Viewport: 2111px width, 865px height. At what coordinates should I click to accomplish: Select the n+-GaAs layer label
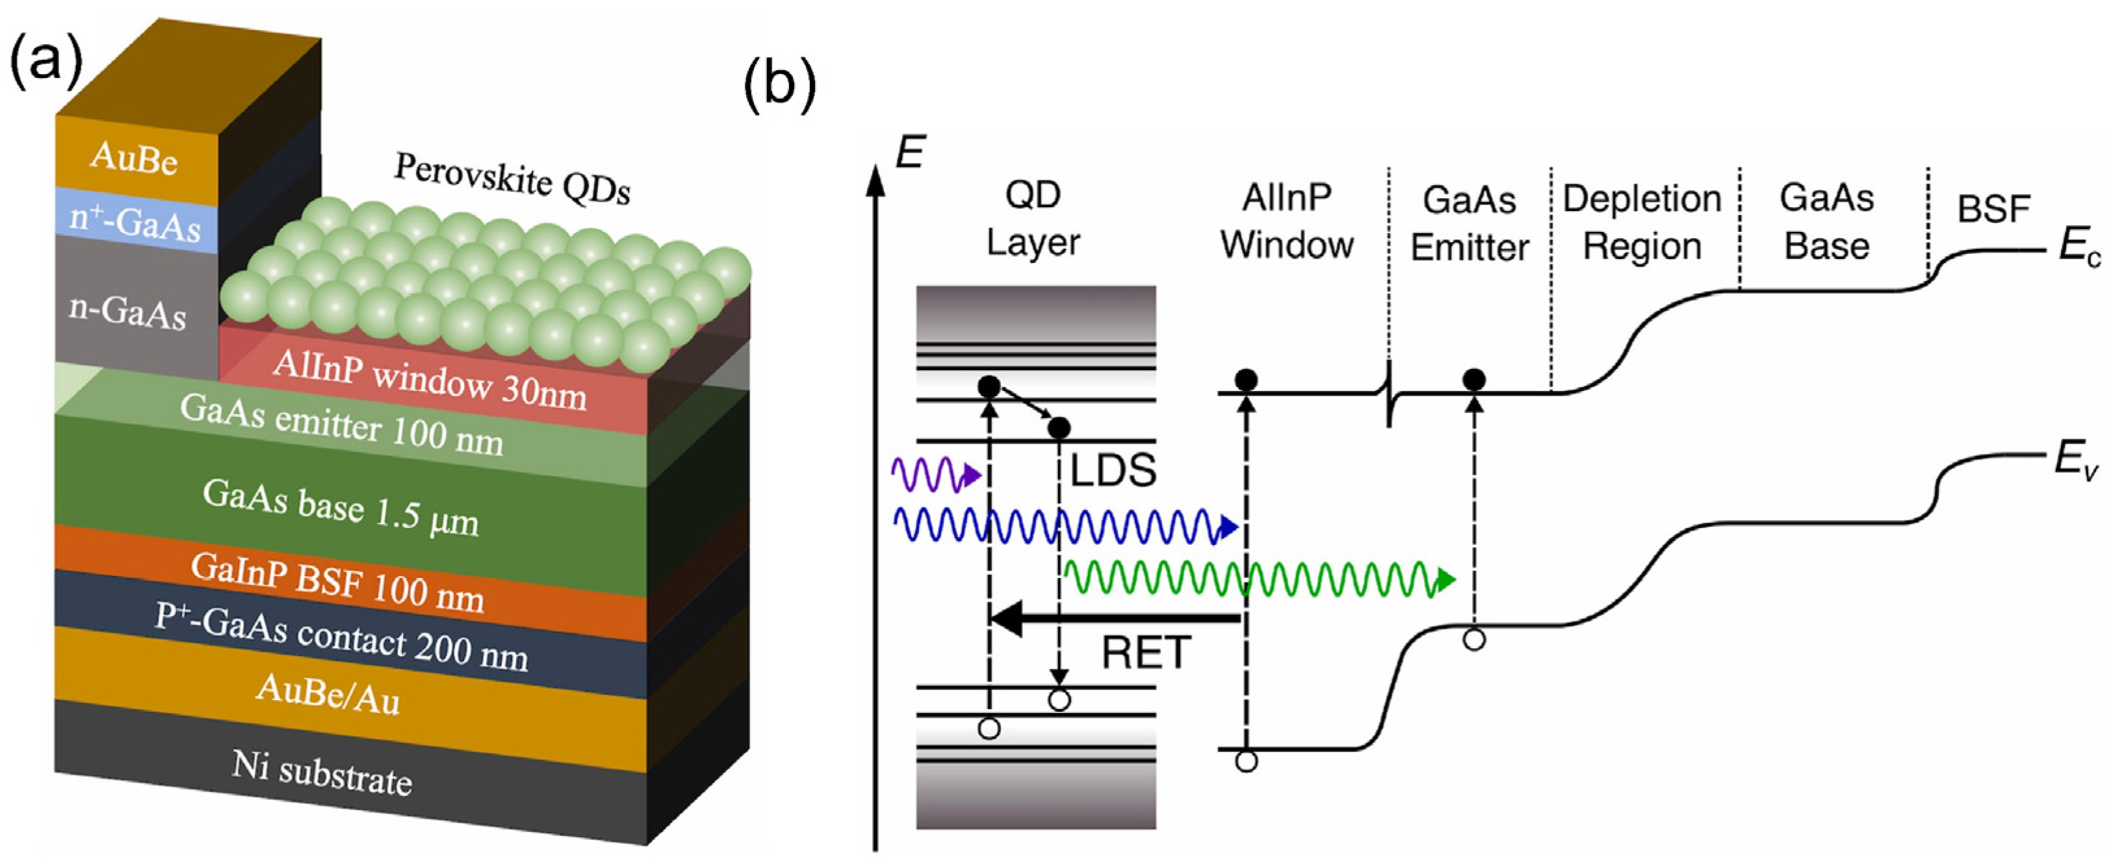point(135,223)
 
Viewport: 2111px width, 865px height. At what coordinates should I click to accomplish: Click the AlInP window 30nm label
point(430,380)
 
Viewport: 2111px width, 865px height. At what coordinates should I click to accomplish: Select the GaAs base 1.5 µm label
point(340,507)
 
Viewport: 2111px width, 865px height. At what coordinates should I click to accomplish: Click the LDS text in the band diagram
point(1113,470)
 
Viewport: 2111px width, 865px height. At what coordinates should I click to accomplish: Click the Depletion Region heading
point(1642,222)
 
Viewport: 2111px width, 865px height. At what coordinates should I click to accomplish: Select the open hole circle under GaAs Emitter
point(1473,640)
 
